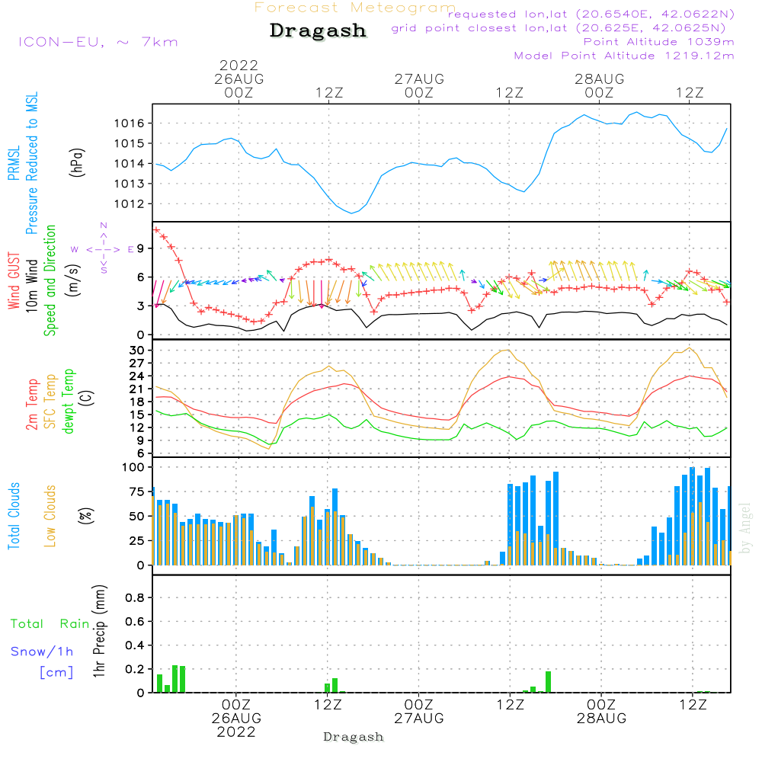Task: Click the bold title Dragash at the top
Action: [x=319, y=31]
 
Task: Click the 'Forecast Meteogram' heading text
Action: [x=355, y=8]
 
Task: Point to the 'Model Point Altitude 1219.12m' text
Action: [x=624, y=56]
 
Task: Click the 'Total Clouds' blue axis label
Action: [x=14, y=516]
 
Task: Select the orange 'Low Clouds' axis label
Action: [x=50, y=516]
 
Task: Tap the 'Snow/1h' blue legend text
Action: [x=43, y=652]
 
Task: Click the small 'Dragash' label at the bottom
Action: [x=354, y=737]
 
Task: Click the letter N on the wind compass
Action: [x=104, y=225]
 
